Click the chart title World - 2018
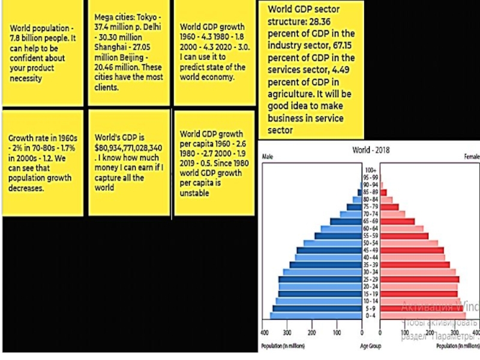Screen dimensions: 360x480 pyautogui.click(x=370, y=150)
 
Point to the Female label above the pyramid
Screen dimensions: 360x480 pyautogui.click(x=470, y=158)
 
